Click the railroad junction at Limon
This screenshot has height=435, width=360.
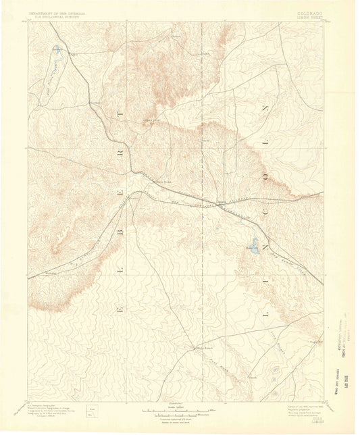[x=222, y=202]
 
